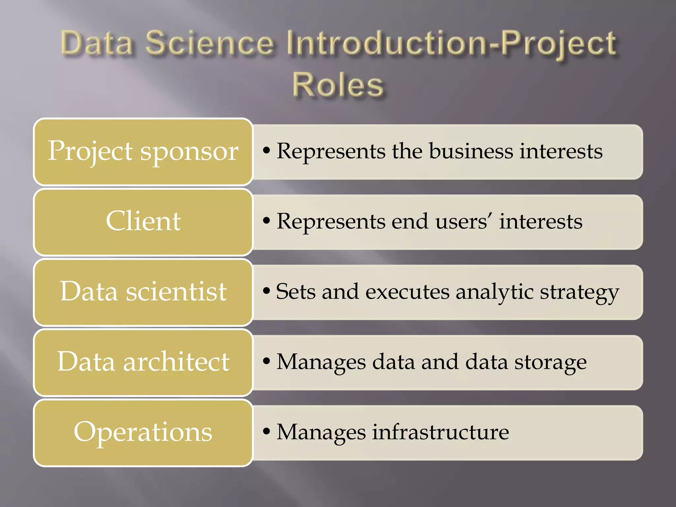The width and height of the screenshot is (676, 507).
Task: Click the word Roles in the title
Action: pyautogui.click(x=338, y=85)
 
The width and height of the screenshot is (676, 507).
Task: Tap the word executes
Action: pyautogui.click(x=407, y=292)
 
